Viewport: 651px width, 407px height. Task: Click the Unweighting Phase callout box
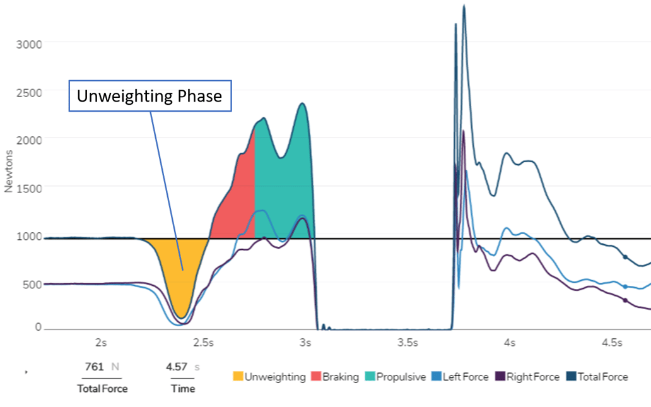[x=150, y=96]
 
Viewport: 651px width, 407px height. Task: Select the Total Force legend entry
[x=597, y=377]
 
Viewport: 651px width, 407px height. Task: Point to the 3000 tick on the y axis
[x=29, y=44]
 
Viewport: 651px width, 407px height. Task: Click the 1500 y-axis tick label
[x=29, y=187]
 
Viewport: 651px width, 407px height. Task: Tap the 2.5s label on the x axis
[x=203, y=343]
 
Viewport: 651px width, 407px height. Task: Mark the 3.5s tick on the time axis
[x=408, y=343]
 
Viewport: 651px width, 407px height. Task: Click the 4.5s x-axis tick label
[x=612, y=343]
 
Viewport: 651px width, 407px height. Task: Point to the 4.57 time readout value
[x=173, y=367]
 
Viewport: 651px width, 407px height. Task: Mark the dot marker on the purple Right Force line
[x=625, y=300]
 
